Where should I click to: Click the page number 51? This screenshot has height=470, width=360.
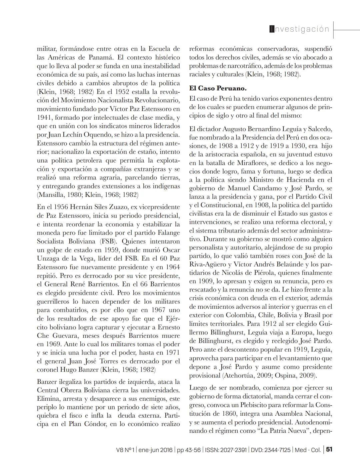329,449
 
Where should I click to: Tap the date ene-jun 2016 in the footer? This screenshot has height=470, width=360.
156,450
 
